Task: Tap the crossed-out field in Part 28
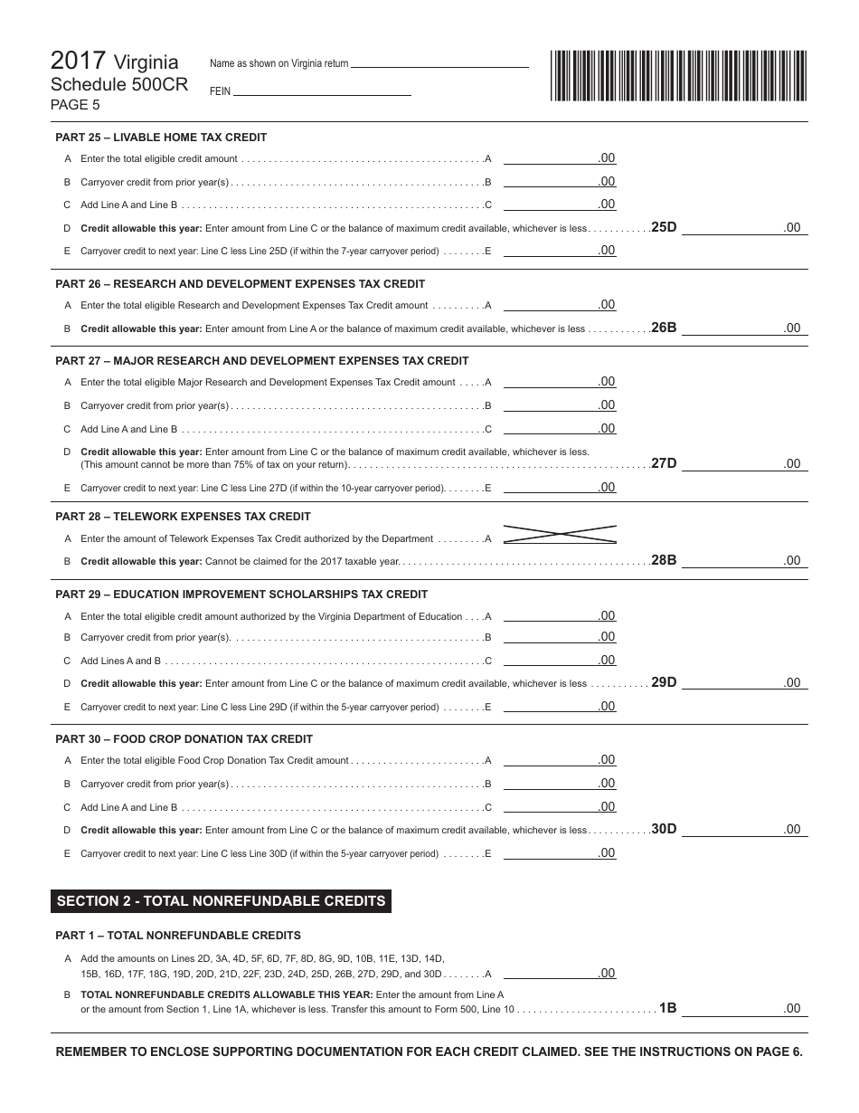click(560, 535)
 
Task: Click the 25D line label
click(664, 227)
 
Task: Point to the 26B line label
click(664, 328)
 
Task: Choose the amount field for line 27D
click(743, 463)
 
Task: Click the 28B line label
click(664, 560)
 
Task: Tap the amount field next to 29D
click(743, 682)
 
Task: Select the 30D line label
click(664, 828)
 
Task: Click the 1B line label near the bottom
click(667, 1007)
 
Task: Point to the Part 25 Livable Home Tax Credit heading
click(161, 138)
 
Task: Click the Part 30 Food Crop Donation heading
click(184, 738)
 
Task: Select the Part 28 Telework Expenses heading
click(183, 516)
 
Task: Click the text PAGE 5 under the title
click(75, 104)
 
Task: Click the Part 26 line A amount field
click(560, 305)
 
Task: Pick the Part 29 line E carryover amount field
click(560, 706)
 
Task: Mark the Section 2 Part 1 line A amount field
click(560, 973)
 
